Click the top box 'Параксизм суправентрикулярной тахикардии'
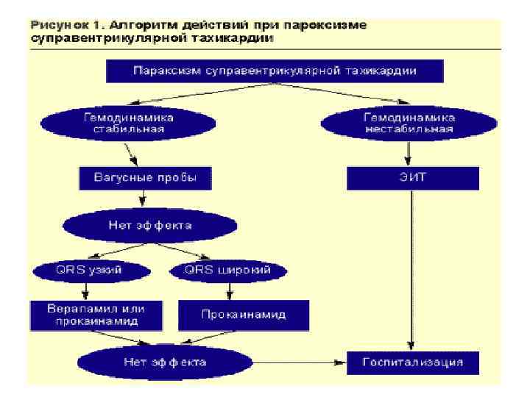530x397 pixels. [275, 71]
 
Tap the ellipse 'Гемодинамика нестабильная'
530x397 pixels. [409, 122]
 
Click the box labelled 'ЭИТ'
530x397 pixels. [412, 177]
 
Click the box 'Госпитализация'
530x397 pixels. [413, 362]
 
